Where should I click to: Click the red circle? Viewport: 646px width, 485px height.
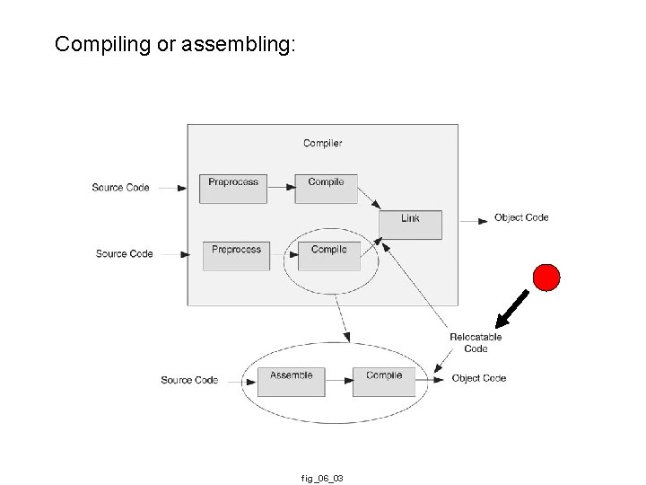click(546, 278)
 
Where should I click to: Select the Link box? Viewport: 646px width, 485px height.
click(410, 224)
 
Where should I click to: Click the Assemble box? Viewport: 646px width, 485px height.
click(291, 381)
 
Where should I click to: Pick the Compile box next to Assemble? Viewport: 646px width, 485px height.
click(384, 381)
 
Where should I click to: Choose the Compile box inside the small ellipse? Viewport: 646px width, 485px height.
click(328, 255)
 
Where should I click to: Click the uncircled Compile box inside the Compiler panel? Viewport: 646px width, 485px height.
click(326, 188)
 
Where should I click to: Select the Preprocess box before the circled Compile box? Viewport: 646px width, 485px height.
click(236, 255)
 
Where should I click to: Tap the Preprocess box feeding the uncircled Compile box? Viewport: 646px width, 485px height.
click(233, 188)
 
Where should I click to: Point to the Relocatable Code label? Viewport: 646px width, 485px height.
click(476, 343)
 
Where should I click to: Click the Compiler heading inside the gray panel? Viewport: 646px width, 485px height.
click(322, 143)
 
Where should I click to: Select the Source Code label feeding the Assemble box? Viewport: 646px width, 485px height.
click(189, 380)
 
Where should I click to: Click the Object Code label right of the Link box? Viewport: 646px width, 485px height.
click(521, 217)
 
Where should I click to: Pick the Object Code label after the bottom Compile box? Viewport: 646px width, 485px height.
click(479, 378)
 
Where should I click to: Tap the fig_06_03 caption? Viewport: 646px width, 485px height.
click(322, 479)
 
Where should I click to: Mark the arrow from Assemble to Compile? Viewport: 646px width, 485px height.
click(338, 380)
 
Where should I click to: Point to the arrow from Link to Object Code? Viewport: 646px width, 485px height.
click(474, 218)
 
